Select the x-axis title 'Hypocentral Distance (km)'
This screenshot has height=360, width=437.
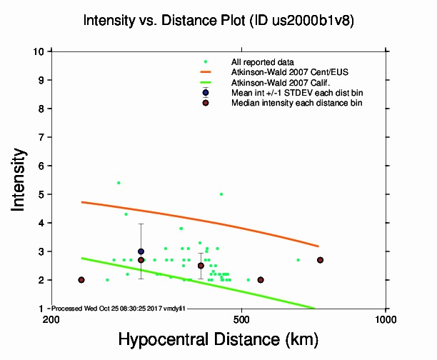[218, 338]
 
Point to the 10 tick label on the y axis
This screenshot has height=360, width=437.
[38, 51]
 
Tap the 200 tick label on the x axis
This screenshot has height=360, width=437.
[51, 319]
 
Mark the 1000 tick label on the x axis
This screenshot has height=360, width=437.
[386, 319]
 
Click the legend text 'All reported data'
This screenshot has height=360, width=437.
[263, 62]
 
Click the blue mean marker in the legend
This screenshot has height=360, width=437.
[206, 93]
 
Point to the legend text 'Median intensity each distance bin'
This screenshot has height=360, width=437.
[296, 103]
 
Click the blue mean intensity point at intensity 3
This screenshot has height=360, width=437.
[141, 251]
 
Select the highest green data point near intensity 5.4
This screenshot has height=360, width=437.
[119, 183]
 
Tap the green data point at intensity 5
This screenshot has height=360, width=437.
[221, 194]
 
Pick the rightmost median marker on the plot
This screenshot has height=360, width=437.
[321, 260]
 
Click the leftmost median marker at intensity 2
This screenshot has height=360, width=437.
[81, 280]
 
